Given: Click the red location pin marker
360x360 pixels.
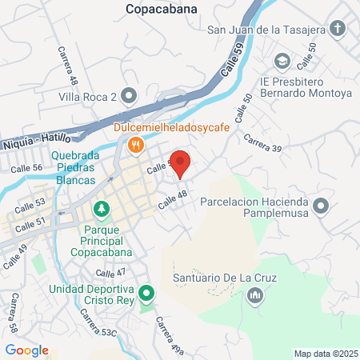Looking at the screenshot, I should [x=181, y=163].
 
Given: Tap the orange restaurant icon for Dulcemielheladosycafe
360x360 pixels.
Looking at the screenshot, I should [x=136, y=145].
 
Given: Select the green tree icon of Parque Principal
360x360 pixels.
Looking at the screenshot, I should [x=102, y=210].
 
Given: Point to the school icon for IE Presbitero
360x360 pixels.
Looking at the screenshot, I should [x=282, y=61].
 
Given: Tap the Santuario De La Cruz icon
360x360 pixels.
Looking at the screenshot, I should [x=255, y=298].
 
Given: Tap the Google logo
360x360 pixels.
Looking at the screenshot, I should [x=26, y=350].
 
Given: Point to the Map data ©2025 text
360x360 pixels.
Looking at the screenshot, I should [x=325, y=354].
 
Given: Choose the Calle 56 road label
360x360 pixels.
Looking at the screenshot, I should [x=26, y=168].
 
